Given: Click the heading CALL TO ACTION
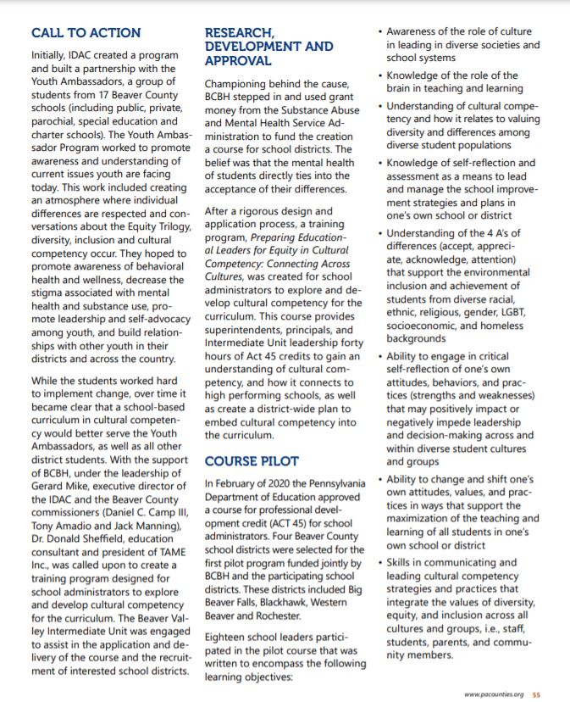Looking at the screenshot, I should pyautogui.click(x=86, y=33).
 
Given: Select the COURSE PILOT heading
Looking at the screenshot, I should pyautogui.click(x=252, y=461).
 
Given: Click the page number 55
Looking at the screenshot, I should pyautogui.click(x=536, y=694).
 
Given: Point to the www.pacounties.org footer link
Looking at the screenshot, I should pyautogui.click(x=495, y=694).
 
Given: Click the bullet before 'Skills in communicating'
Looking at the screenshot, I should pyautogui.click(x=379, y=563).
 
